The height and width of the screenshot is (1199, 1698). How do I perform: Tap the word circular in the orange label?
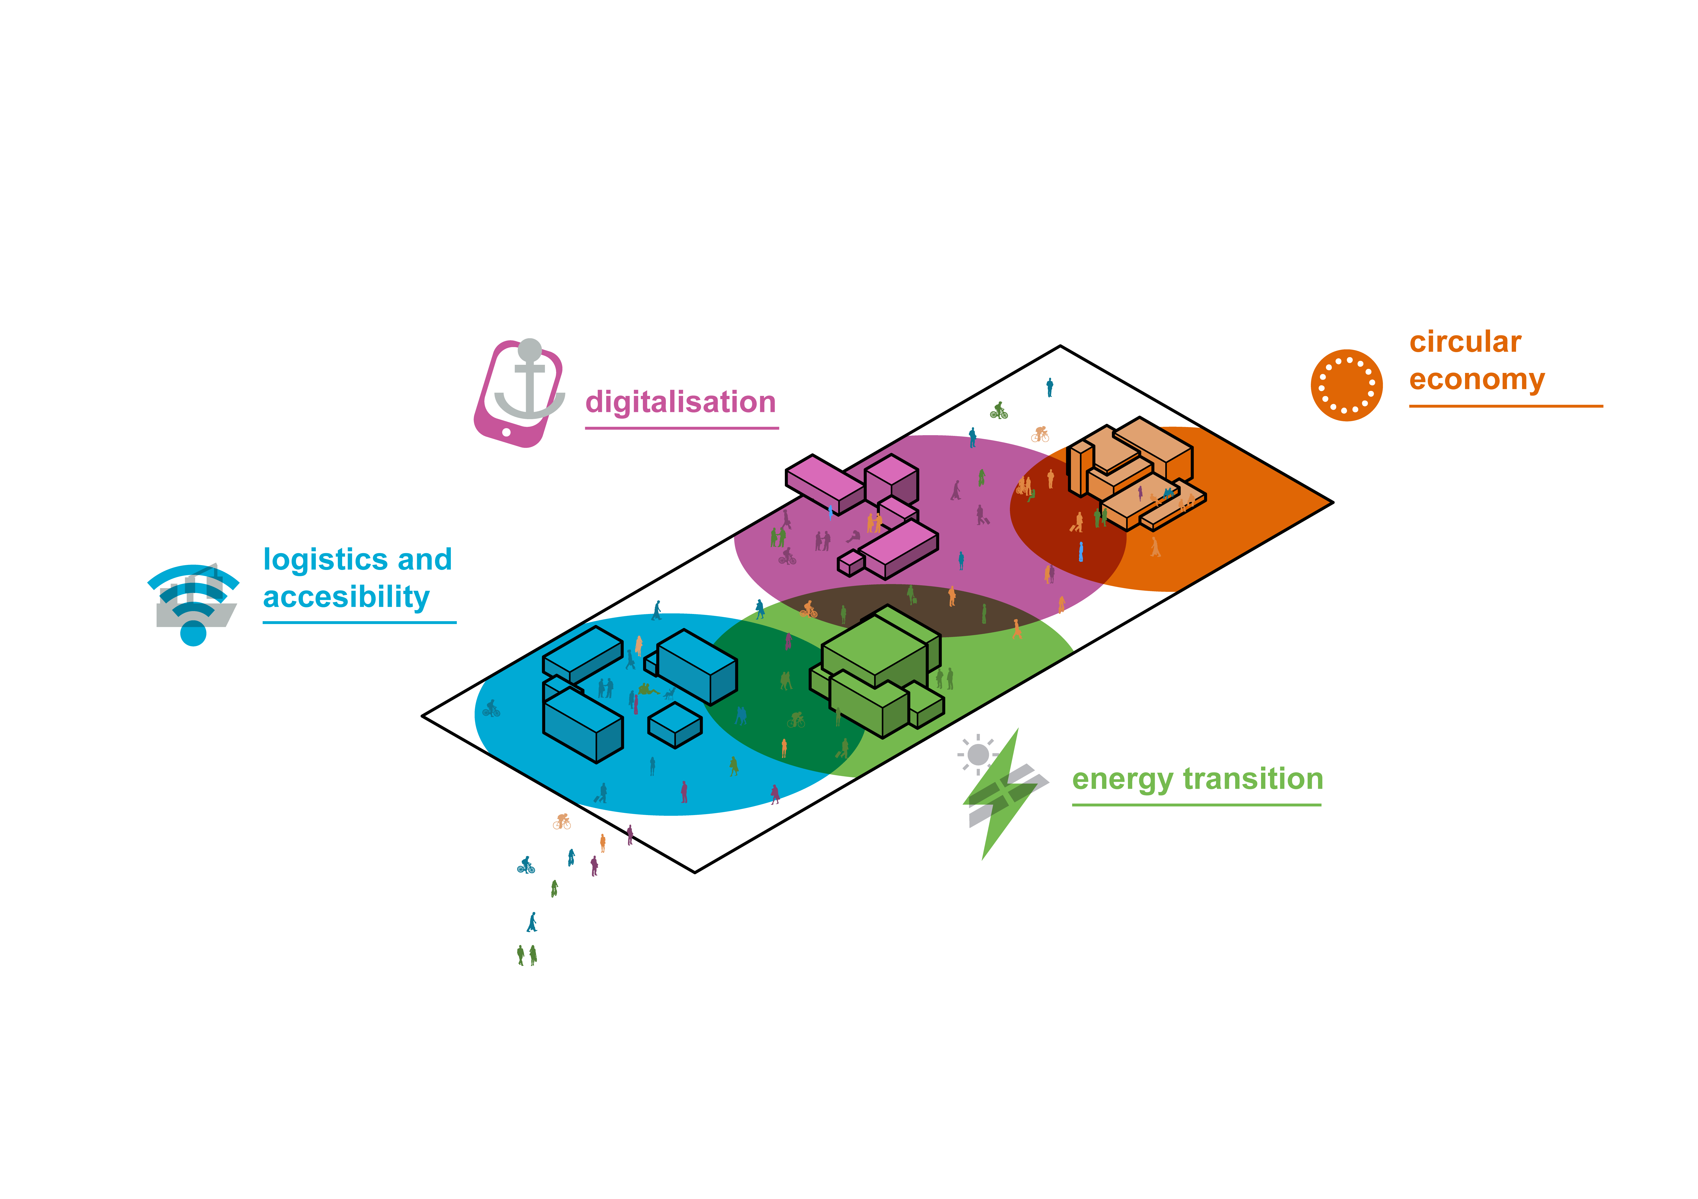pyautogui.click(x=1465, y=342)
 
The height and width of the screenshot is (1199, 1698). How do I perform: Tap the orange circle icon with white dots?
pyautogui.click(x=1346, y=385)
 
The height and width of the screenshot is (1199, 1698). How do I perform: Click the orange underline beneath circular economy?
pyautogui.click(x=1505, y=406)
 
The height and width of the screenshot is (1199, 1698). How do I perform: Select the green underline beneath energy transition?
pyautogui.click(x=1196, y=804)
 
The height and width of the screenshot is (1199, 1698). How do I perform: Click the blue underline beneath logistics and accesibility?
pyautogui.click(x=359, y=622)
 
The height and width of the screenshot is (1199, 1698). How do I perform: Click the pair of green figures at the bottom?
pyautogui.click(x=526, y=955)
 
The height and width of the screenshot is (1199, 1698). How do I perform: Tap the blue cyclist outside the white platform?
pyautogui.click(x=526, y=866)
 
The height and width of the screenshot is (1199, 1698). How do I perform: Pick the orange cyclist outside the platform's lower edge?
pyautogui.click(x=562, y=821)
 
